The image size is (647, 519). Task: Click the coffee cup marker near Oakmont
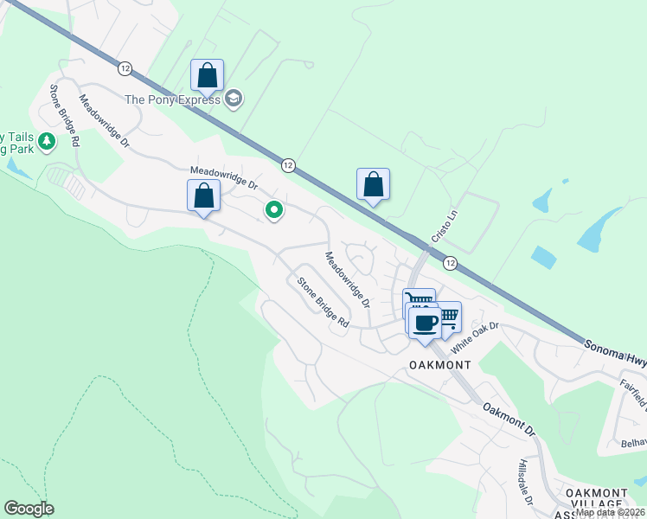[x=424, y=324]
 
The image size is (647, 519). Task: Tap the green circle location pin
[x=274, y=209]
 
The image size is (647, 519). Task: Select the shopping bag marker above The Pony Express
[x=208, y=75]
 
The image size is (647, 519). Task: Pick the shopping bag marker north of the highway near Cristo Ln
[x=373, y=184]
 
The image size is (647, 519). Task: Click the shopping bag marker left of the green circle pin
[x=203, y=195]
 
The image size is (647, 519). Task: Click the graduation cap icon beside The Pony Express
[x=233, y=99]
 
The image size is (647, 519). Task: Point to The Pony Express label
[x=173, y=99]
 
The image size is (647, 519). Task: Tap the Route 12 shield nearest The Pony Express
[x=125, y=67]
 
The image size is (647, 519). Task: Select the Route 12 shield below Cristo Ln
[x=450, y=262]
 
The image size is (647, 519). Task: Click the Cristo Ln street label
[x=443, y=226]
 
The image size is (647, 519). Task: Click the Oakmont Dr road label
[x=509, y=420]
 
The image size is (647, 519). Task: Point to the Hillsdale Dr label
[x=526, y=483]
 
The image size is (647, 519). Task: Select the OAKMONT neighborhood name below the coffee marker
[x=440, y=365]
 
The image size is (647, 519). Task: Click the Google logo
[x=29, y=509]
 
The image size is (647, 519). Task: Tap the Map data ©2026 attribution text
[x=610, y=512]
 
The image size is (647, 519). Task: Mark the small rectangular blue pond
[x=543, y=258]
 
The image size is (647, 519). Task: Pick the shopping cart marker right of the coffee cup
[x=448, y=315]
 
